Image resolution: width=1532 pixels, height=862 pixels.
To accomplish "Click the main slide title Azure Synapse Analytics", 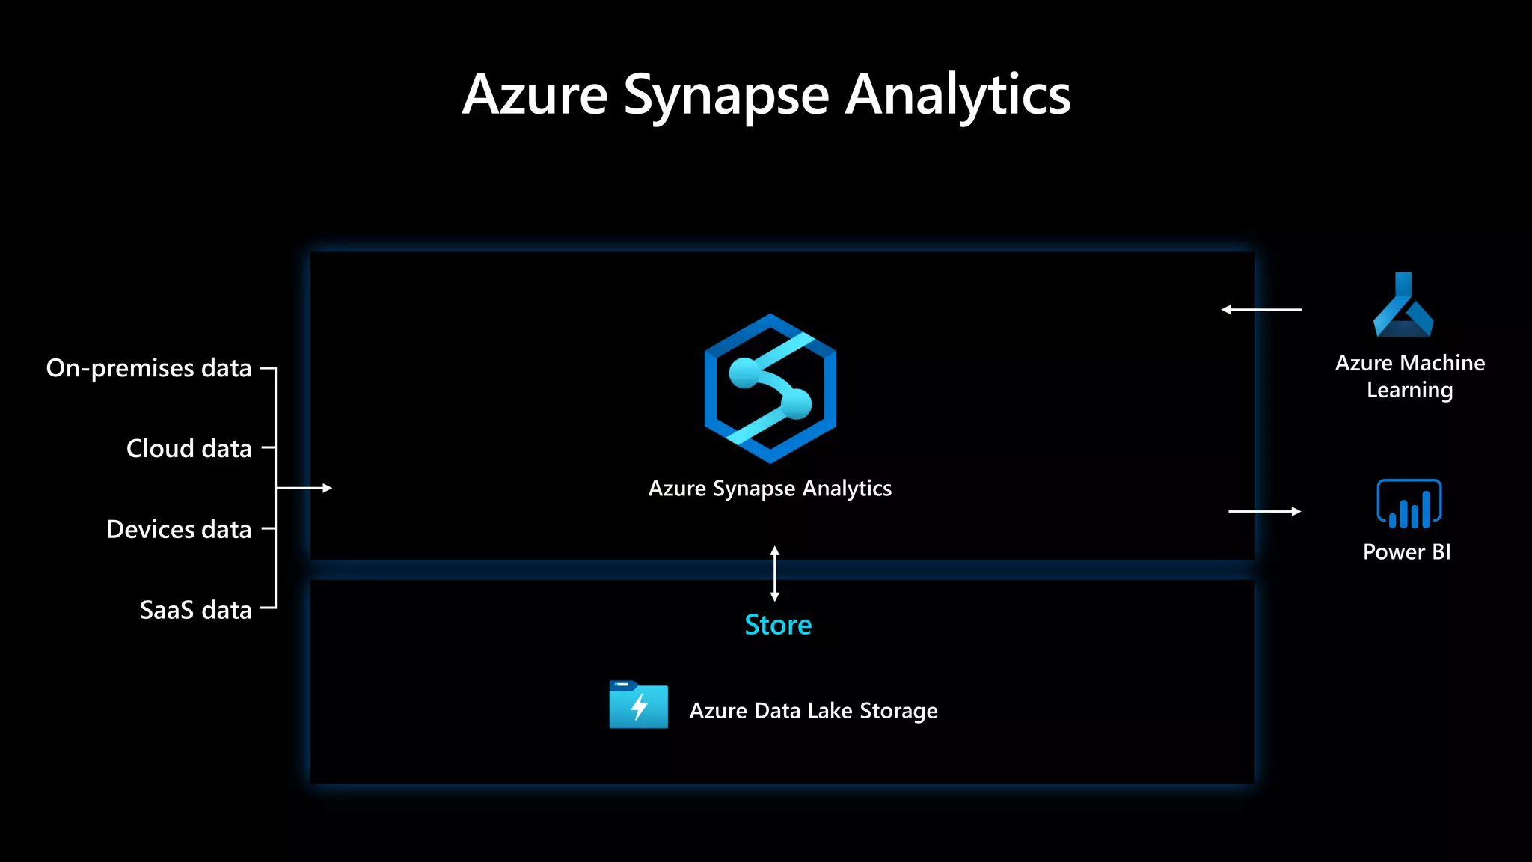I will tap(766, 96).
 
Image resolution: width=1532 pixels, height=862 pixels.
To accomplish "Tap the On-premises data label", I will tap(149, 368).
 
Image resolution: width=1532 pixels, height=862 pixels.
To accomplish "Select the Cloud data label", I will tap(189, 449).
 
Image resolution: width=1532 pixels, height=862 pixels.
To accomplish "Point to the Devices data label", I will tap(179, 530).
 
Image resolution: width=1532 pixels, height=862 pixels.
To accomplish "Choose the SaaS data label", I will tap(195, 611).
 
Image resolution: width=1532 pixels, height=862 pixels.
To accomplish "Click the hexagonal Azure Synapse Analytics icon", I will tap(770, 388).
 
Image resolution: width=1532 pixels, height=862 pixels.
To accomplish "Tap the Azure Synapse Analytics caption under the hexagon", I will tap(770, 489).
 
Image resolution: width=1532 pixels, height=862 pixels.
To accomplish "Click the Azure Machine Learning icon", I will tap(1403, 306).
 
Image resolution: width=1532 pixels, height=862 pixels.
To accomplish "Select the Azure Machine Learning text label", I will tap(1410, 376).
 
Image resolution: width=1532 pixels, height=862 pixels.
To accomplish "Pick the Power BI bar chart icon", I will tap(1409, 504).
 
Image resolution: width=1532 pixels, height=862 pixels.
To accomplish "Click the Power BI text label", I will tap(1406, 552).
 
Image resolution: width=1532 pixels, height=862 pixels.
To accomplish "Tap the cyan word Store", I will tap(778, 625).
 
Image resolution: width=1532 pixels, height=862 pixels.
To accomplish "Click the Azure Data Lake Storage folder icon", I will tap(638, 705).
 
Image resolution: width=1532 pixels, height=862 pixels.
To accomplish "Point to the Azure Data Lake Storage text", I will tap(813, 711).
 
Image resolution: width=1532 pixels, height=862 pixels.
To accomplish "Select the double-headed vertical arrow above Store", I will tap(775, 574).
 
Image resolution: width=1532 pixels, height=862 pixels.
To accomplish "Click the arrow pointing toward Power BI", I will tap(1264, 511).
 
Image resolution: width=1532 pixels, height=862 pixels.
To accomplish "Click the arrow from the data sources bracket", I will tap(304, 488).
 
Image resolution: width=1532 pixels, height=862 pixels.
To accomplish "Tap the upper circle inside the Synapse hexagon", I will tap(744, 373).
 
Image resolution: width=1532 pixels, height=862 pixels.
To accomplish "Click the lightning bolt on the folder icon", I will tap(639, 707).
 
